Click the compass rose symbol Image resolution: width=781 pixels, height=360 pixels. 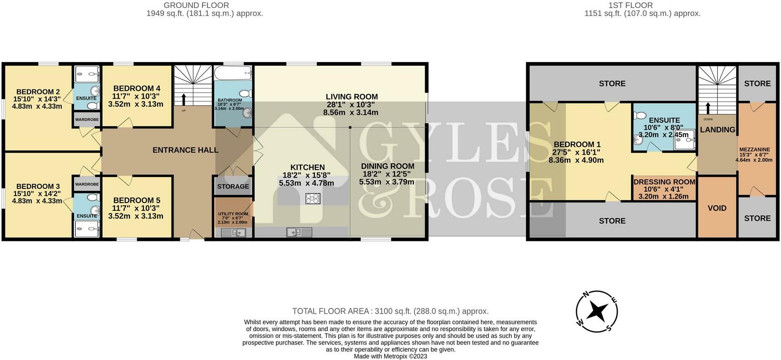[597, 312]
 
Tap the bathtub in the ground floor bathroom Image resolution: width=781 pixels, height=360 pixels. [233, 73]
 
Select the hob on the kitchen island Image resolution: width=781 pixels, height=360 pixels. [313, 198]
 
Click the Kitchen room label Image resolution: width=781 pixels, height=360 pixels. [307, 167]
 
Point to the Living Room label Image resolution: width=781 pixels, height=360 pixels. [351, 97]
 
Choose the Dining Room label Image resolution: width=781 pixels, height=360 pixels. [387, 166]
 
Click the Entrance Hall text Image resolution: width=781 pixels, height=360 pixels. [185, 150]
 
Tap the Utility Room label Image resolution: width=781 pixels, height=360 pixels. [233, 214]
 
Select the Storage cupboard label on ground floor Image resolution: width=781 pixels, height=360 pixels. [233, 187]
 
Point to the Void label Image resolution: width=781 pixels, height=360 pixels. [717, 208]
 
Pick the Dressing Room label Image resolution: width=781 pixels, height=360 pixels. [664, 182]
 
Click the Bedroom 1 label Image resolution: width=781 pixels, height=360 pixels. [576, 145]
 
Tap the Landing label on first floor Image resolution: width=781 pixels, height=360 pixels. [718, 130]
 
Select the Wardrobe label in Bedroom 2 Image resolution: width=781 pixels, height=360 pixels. [87, 120]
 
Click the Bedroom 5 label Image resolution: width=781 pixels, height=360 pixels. [136, 200]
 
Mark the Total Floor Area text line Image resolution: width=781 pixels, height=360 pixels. [390, 311]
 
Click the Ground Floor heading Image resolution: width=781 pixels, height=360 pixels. [196, 5]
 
